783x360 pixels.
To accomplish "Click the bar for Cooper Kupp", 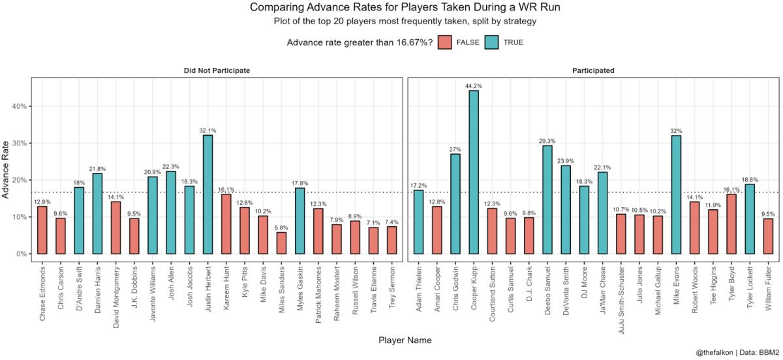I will (473, 172).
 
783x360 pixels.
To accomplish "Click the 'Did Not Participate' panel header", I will (216, 70).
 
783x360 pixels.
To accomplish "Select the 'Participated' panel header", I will (594, 70).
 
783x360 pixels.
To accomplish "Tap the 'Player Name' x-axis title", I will (405, 340).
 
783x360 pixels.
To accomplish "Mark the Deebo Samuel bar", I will (547, 200).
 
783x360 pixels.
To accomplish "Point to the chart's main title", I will (405, 8).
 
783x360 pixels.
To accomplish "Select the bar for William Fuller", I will (768, 236).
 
